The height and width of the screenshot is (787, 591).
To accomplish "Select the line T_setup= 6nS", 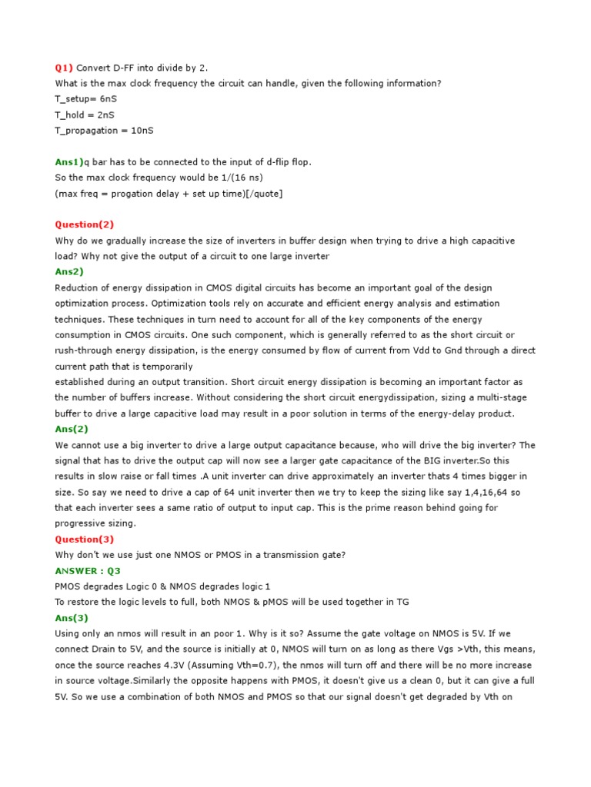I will tap(86, 99).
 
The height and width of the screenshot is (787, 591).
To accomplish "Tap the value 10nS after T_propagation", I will tap(141, 131).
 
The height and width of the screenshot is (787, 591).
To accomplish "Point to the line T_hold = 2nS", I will tap(85, 115).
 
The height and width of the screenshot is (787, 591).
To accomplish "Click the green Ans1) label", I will tap(68, 162).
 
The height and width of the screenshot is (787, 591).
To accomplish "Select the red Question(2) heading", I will tap(85, 224).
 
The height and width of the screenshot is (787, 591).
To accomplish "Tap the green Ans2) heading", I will tap(69, 272).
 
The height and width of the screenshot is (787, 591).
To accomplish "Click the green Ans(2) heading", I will tap(72, 430).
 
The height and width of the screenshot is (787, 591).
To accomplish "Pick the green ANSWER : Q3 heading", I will tap(88, 571).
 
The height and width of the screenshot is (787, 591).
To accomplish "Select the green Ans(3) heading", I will tap(72, 618).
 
